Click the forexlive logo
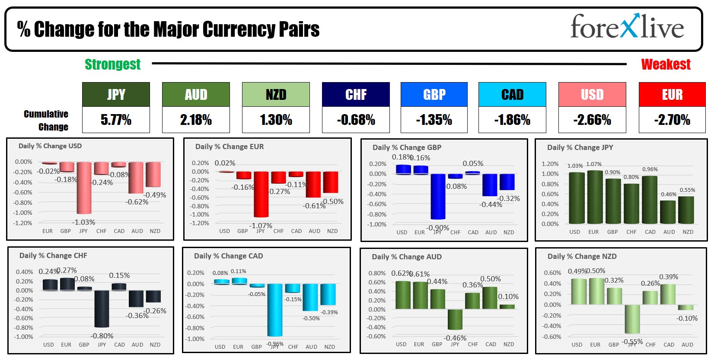click(x=627, y=27)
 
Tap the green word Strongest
click(x=112, y=64)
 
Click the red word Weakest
click(x=666, y=64)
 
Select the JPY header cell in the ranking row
click(x=116, y=94)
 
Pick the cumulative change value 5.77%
click(x=116, y=120)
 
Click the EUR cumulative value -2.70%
click(x=672, y=120)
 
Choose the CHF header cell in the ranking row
click(x=356, y=94)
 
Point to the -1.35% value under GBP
click(x=434, y=120)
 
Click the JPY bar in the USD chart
click(x=84, y=188)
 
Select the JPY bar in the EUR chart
click(x=261, y=194)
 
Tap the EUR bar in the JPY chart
click(x=595, y=197)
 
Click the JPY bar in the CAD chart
click(x=275, y=309)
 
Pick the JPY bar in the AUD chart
click(x=455, y=319)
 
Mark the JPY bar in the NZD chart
click(x=632, y=319)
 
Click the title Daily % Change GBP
click(x=407, y=147)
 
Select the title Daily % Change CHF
click(x=53, y=255)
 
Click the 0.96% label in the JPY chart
click(x=650, y=169)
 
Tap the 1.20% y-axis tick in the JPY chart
click(x=550, y=164)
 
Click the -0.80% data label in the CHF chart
click(x=102, y=336)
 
